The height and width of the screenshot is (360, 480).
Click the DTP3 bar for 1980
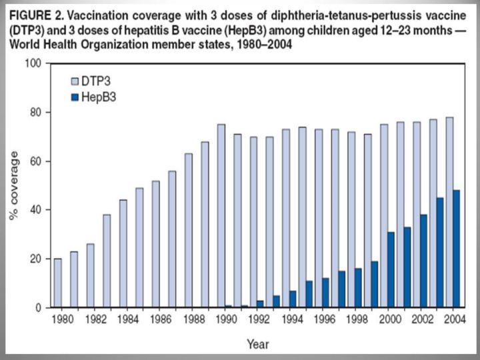pos(58,283)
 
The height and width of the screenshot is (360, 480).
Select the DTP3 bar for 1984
pos(123,254)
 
